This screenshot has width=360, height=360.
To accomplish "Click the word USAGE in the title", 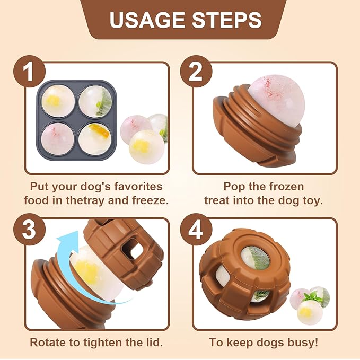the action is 147,20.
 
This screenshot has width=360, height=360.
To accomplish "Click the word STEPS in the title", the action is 227,20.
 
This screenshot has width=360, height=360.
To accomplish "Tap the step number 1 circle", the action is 29,72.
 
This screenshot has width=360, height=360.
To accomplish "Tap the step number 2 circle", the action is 196,72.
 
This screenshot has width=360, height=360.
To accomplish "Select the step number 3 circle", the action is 29,230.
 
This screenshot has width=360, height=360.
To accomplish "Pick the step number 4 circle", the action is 196,230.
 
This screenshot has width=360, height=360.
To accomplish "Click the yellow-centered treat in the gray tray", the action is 58,101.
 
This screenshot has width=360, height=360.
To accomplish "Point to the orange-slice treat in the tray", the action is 95,139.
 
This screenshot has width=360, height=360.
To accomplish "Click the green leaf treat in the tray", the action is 96,101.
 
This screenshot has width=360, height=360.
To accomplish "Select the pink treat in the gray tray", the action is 57,139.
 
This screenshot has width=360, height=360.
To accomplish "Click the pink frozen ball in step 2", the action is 276,101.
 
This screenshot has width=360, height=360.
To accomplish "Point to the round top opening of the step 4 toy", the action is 256,258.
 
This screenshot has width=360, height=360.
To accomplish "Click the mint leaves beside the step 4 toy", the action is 313,297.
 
